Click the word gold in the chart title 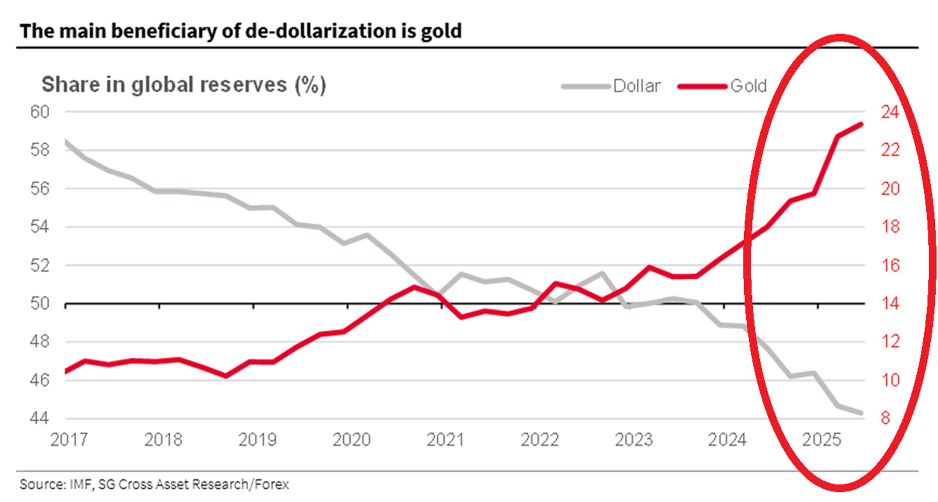[441, 31]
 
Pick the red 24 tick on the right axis [890, 112]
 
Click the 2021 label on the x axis [445, 440]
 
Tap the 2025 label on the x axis [822, 440]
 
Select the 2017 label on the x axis [69, 440]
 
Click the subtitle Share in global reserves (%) [184, 85]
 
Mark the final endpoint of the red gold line [861, 124]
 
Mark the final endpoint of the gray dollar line [861, 413]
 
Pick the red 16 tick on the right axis [890, 265]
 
